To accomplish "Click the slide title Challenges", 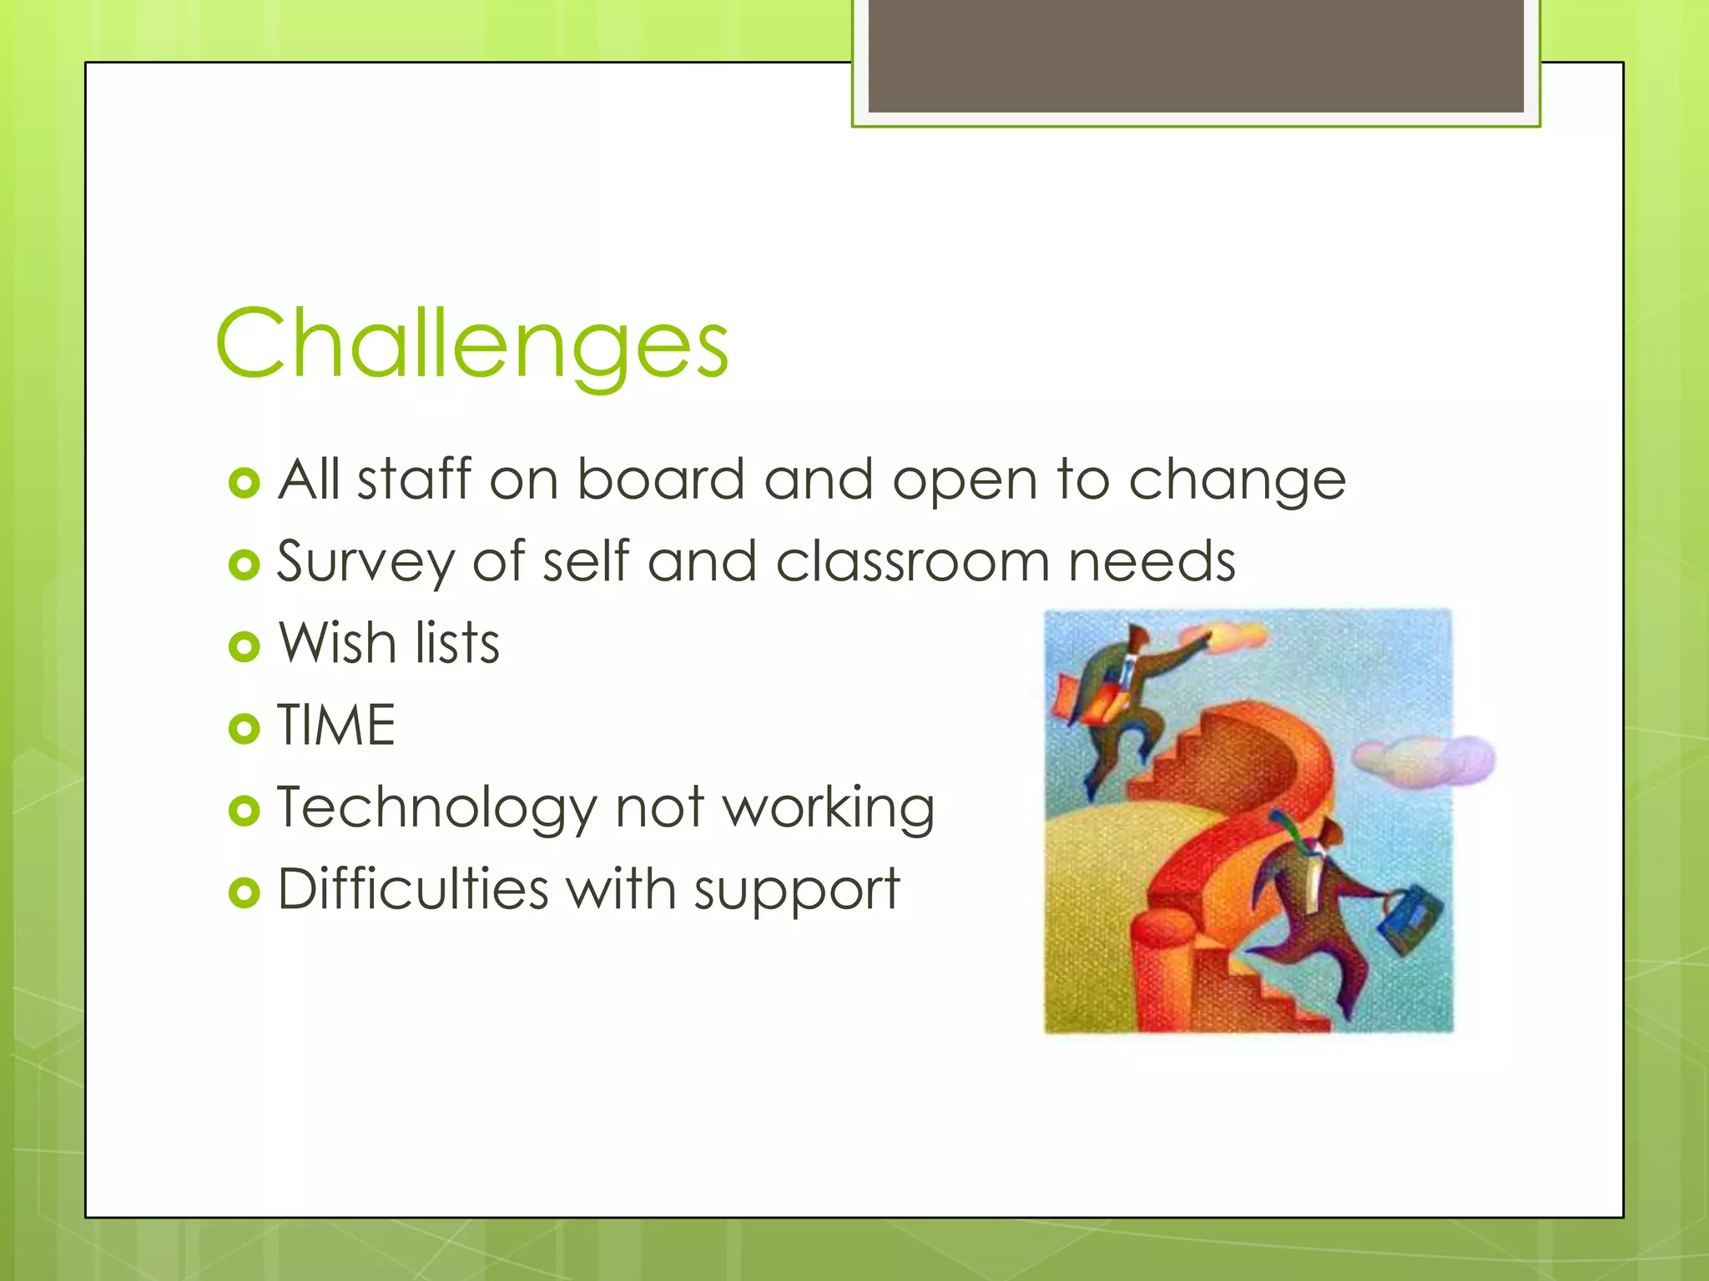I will tap(472, 344).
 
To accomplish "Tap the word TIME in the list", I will tap(335, 725).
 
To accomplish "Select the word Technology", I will tap(436, 808).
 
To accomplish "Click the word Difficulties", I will tap(412, 889).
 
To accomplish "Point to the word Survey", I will tap(365, 561).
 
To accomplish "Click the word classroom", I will tap(912, 561).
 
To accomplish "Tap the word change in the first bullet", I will tap(1237, 481).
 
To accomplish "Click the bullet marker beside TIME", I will tap(244, 729).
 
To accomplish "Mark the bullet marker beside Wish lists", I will tap(244, 646).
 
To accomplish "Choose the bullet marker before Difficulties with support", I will tap(244, 893).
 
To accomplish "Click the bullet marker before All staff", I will tap(244, 484).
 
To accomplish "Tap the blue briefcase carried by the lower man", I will tap(1409, 920).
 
